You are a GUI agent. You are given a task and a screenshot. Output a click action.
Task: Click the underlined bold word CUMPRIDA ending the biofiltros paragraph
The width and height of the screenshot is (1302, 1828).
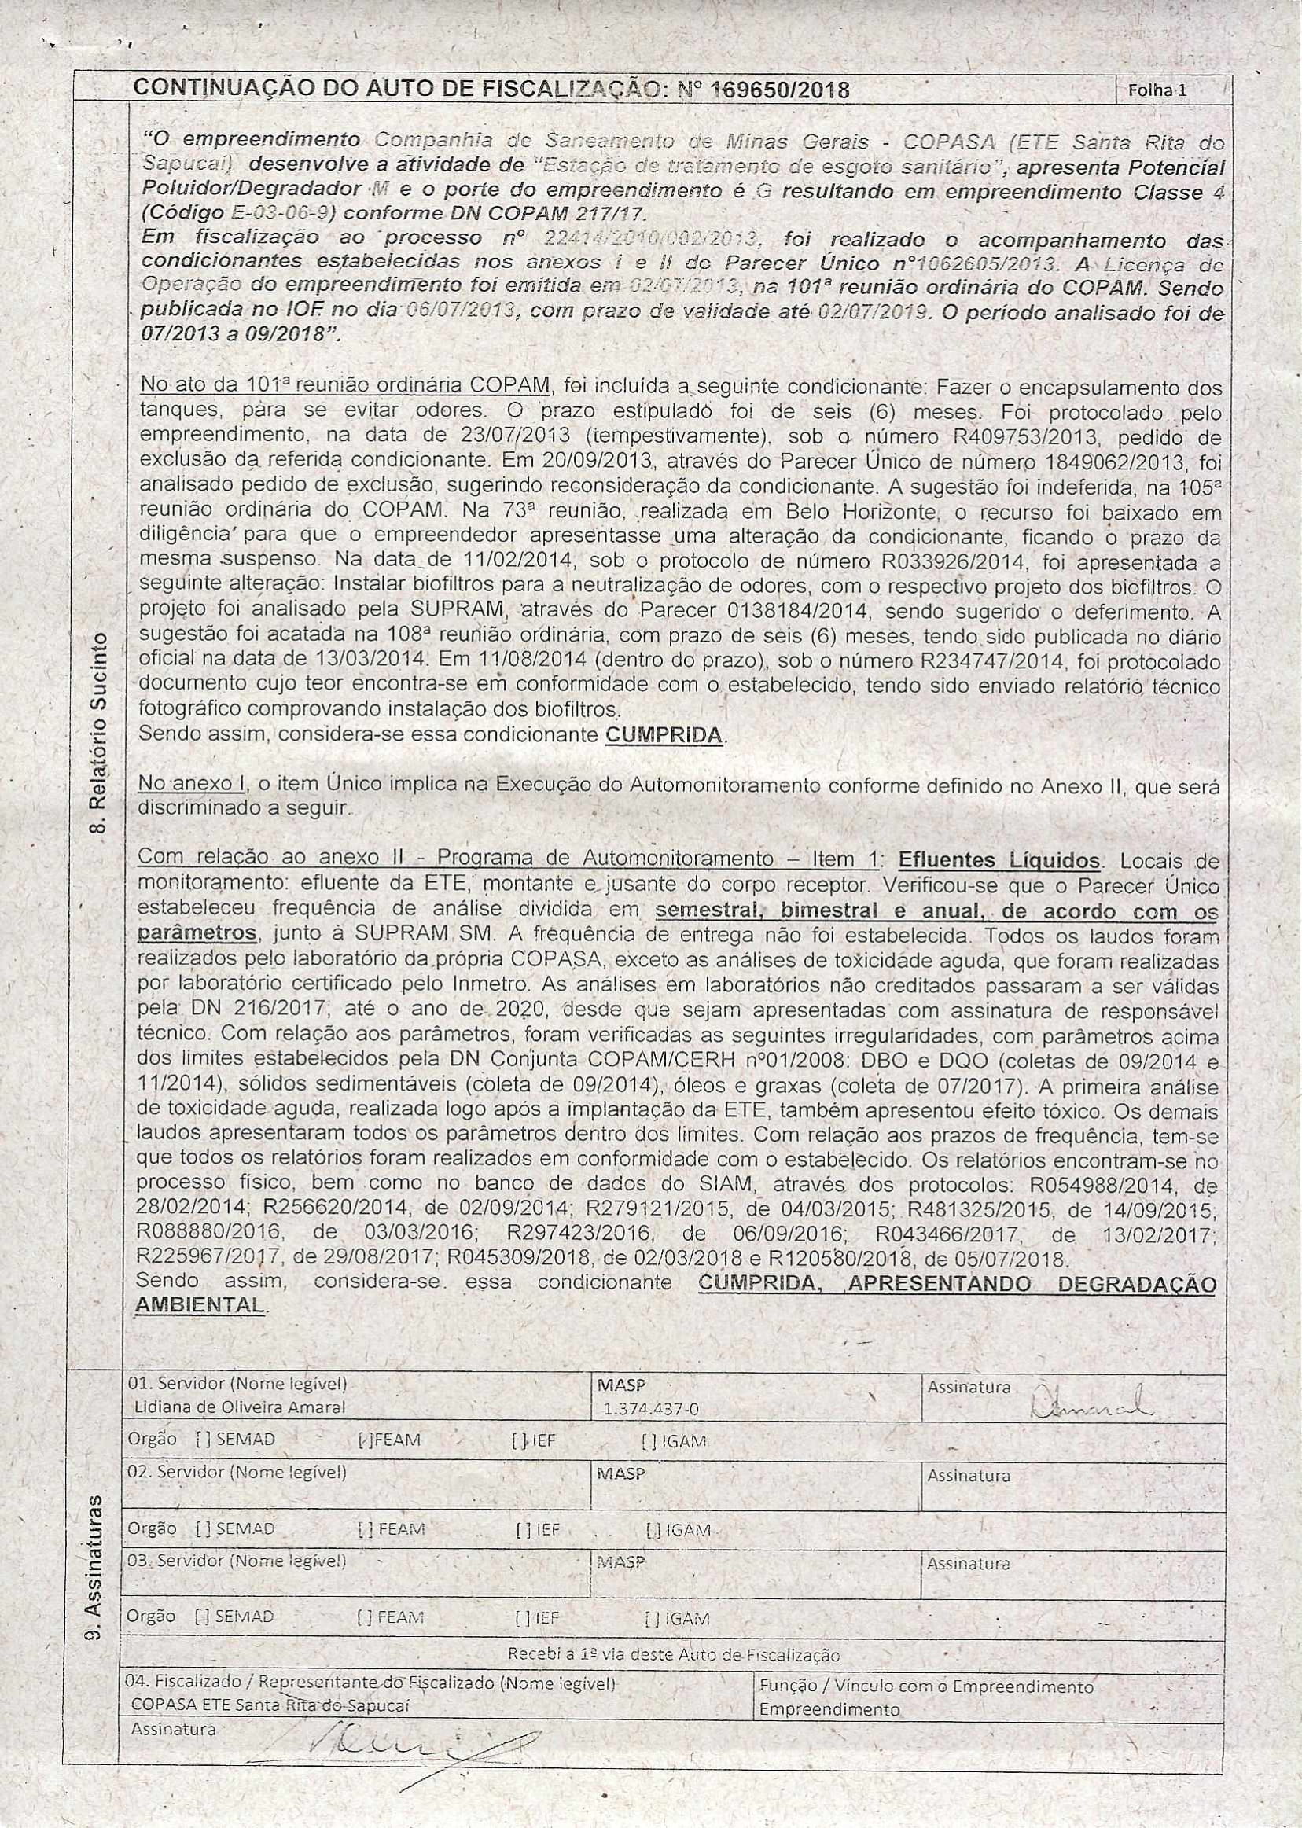664,734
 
